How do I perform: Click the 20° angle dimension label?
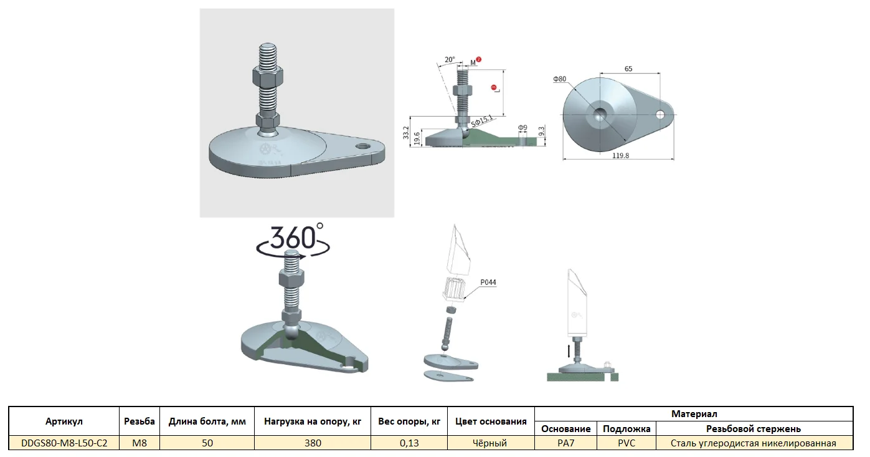pyautogui.click(x=450, y=59)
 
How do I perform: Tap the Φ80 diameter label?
pyautogui.click(x=560, y=79)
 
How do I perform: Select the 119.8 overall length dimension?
pyautogui.click(x=620, y=156)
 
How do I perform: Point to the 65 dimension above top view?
pyautogui.click(x=628, y=69)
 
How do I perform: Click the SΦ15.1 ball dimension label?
pyautogui.click(x=481, y=122)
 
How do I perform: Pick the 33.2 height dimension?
pyautogui.click(x=406, y=133)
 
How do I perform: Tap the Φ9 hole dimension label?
pyautogui.click(x=522, y=128)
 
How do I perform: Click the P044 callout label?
pyautogui.click(x=488, y=282)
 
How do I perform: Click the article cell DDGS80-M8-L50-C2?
pyautogui.click(x=64, y=443)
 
